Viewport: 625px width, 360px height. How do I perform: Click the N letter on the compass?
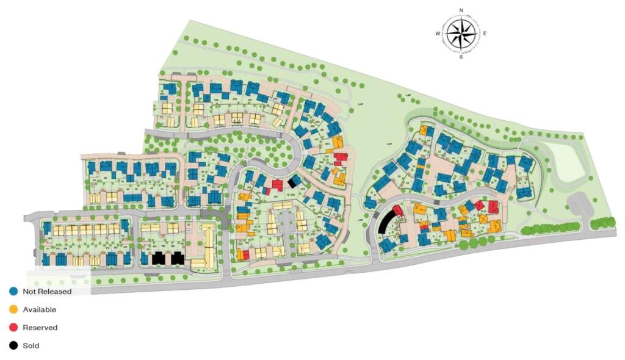pos(461,10)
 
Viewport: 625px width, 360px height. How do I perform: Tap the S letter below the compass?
pos(461,57)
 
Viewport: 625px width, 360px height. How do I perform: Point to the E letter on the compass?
pos(485,34)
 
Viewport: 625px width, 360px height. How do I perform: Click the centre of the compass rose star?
pos(461,34)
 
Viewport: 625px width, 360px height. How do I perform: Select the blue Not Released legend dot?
pos(13,291)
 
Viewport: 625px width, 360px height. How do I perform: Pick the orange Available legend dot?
pos(13,309)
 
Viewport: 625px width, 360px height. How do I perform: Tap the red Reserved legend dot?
pos(13,328)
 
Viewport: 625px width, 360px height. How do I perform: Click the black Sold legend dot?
pos(13,346)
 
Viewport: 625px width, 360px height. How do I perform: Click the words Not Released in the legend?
pos(47,291)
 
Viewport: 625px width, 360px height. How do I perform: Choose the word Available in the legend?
pos(39,309)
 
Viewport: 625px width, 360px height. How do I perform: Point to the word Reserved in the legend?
pos(40,328)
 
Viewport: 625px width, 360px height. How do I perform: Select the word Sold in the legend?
pos(31,346)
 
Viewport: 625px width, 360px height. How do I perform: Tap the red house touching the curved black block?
pos(398,211)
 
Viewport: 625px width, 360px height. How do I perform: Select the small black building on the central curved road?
pos(294,181)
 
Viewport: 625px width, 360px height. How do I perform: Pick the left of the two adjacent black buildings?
pos(158,258)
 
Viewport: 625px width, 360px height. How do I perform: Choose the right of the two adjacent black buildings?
pos(178,258)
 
